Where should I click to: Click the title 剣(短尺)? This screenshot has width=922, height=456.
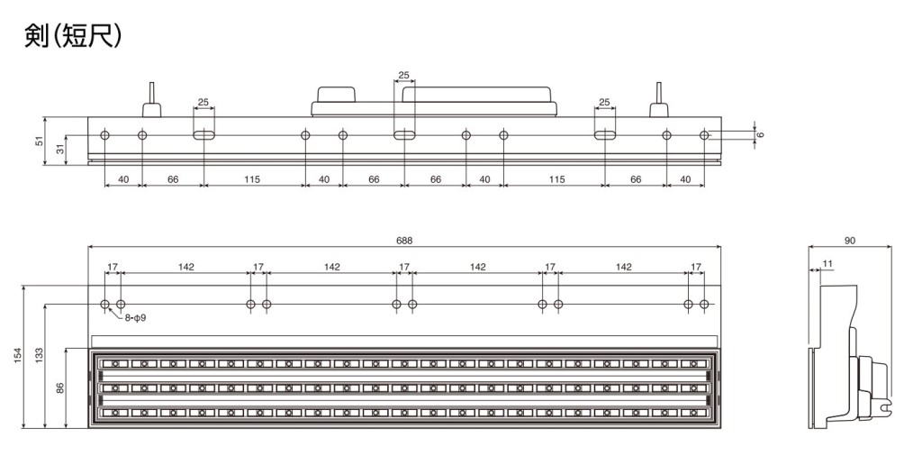73,36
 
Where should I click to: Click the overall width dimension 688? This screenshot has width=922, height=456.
404,240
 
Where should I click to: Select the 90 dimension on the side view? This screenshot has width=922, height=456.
850,240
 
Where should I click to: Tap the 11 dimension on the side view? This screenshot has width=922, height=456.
827,264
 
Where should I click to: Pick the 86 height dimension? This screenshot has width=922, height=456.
59,388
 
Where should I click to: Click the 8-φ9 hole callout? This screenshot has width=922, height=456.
135,318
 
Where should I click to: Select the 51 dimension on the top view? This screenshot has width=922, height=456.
40,141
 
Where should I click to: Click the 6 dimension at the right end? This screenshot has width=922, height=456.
760,135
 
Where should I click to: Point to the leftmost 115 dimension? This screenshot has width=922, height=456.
252,178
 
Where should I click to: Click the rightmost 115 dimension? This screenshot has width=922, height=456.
556,178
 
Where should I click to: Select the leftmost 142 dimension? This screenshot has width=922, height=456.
185,267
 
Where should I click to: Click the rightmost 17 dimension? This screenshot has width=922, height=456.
696,267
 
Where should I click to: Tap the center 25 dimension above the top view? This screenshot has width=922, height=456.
403,75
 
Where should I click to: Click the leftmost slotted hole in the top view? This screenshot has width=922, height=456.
204,135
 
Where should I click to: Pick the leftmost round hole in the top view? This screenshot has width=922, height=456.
104,135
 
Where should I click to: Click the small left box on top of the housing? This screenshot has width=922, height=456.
337,94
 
